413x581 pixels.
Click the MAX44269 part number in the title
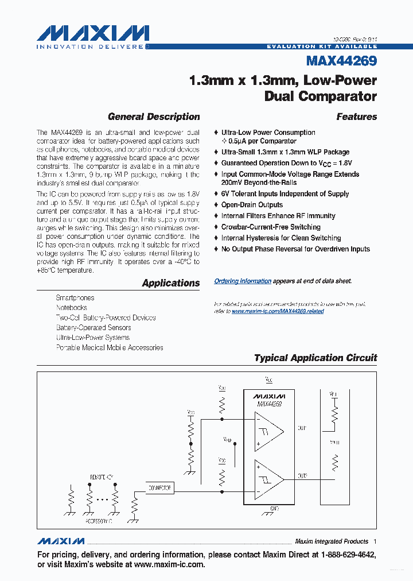coord(341,61)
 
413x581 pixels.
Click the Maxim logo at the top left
coord(92,36)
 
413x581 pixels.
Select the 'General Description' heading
coord(154,117)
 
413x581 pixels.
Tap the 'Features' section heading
coord(356,117)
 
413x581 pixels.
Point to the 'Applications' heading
coord(171,282)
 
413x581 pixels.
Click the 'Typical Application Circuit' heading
coord(315,358)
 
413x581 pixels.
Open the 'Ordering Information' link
coord(243,281)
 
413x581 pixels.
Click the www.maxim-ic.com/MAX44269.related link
coord(278,311)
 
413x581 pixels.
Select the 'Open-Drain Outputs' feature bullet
coord(252,205)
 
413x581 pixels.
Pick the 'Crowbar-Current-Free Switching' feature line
coord(271,227)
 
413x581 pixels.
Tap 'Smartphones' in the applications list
coord(75,298)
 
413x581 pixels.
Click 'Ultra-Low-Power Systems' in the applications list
coord(93,338)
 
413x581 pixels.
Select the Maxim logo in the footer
coord(61,541)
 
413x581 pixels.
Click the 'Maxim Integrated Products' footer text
coord(331,541)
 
